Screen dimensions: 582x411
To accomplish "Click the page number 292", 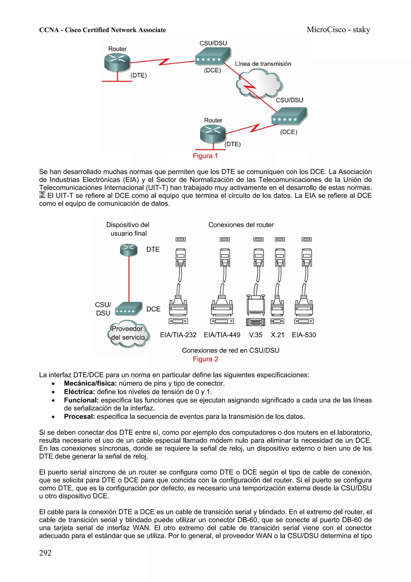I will [45, 553].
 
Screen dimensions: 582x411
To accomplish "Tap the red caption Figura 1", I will [205, 156].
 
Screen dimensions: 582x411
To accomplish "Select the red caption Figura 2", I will [205, 359].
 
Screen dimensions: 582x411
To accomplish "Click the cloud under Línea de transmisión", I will [259, 84].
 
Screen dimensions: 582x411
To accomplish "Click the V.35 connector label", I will [255, 335].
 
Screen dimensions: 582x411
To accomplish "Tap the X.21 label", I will [277, 335].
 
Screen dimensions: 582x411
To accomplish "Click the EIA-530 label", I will [304, 335].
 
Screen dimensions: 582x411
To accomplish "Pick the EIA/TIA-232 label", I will [178, 335].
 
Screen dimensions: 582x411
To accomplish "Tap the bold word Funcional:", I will [81, 400].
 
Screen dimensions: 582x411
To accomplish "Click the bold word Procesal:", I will [79, 416].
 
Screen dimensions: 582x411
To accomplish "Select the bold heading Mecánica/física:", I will [90, 383].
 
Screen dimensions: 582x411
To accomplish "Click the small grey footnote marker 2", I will [42, 195].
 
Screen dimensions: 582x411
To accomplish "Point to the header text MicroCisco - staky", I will [338, 30].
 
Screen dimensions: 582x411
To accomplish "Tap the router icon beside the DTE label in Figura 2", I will [129, 250].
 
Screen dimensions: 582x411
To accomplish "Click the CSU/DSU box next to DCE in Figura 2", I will [128, 309].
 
